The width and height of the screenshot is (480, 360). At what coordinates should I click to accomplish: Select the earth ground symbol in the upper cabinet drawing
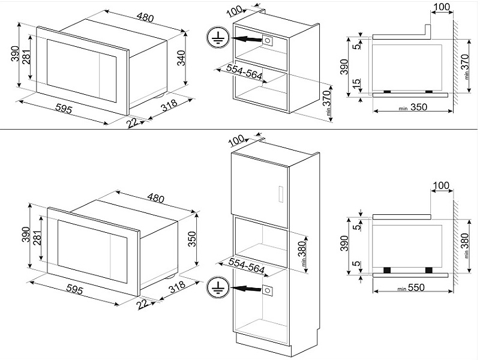[216, 38]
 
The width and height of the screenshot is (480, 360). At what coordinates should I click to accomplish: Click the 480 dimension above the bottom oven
[155, 198]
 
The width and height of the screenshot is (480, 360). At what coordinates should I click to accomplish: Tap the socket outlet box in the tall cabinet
[269, 290]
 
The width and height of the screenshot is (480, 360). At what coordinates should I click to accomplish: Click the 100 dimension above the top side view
[442, 7]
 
